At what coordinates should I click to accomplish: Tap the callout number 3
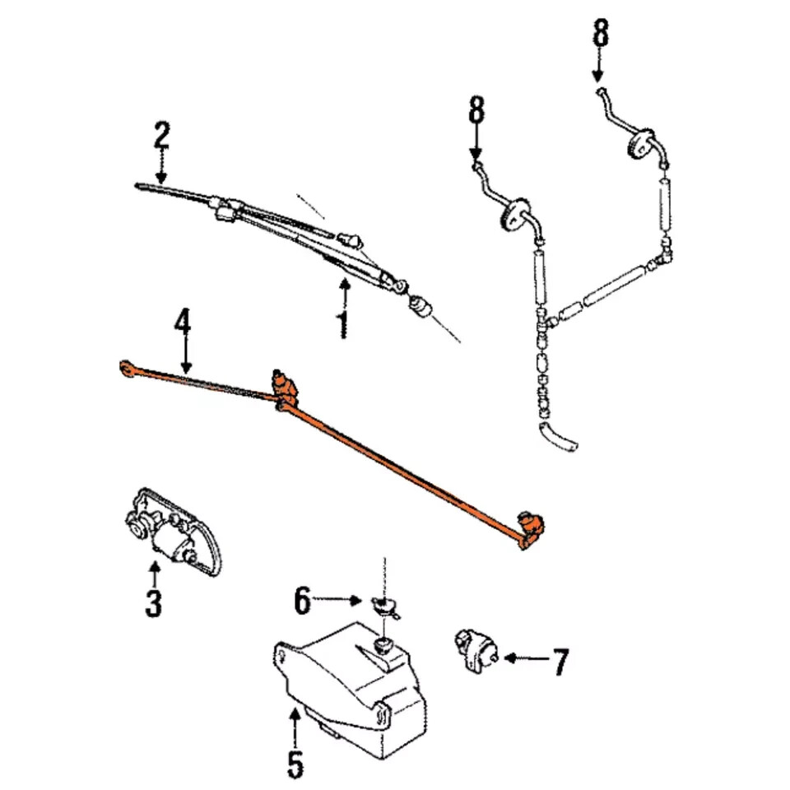click(154, 603)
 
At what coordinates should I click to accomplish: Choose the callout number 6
click(303, 602)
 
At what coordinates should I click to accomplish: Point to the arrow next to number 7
click(523, 658)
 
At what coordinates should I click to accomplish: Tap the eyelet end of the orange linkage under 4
click(128, 368)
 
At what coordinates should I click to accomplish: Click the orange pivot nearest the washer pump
click(527, 526)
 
